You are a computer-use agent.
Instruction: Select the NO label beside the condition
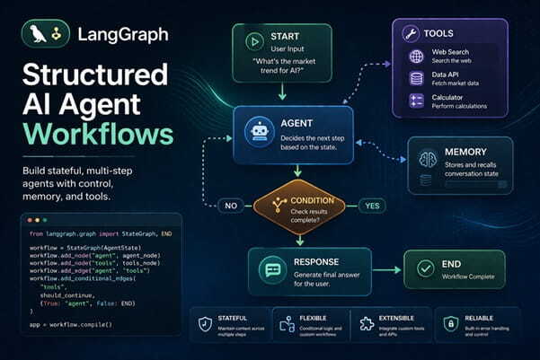230,205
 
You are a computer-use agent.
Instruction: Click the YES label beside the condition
371,205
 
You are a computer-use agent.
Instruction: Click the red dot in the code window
31,219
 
